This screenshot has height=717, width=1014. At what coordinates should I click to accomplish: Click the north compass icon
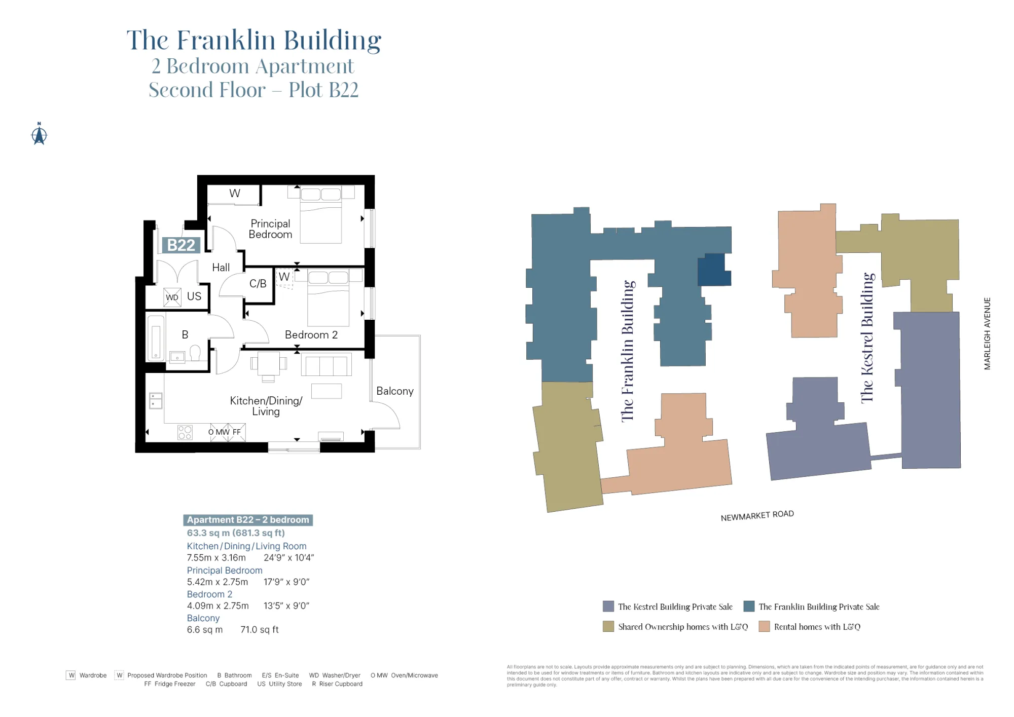coord(39,134)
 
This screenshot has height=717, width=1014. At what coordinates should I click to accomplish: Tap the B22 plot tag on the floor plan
coord(181,245)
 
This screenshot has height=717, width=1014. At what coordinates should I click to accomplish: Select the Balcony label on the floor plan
coord(394,391)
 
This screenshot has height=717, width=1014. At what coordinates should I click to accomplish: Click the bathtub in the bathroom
coord(156,338)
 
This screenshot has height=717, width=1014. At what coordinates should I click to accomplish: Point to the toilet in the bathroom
coord(195,352)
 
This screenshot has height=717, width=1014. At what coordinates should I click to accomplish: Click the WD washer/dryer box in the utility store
coord(172,297)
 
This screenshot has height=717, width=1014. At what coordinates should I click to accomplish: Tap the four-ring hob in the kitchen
coord(185,432)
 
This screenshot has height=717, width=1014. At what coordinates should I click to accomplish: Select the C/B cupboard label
coord(258,284)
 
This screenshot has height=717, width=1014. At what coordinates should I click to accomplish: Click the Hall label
coord(221,268)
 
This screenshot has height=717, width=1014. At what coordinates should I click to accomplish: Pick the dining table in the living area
coord(268,363)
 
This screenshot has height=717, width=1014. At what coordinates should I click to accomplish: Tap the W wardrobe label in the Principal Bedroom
coord(234,194)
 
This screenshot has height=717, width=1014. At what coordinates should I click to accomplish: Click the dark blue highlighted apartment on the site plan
coord(713,270)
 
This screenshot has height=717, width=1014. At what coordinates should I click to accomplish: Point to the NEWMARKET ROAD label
coord(757,515)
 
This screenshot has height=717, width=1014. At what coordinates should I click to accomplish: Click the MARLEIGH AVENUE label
coord(987,333)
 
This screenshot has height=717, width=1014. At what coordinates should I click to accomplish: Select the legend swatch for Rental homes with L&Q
coord(764,627)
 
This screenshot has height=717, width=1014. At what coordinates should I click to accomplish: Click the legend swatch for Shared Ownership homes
coord(608,627)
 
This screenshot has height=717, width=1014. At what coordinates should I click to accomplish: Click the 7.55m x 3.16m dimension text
coord(216,558)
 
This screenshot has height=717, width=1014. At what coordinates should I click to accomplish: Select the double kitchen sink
coord(156,400)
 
